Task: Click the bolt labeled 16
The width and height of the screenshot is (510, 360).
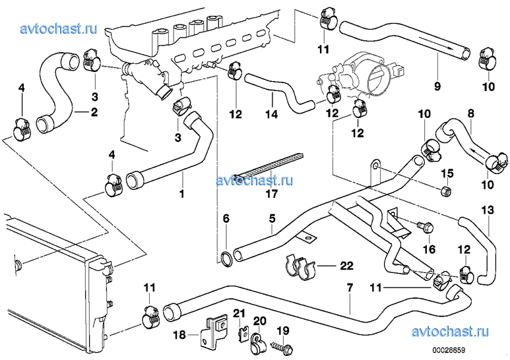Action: pos(423,227)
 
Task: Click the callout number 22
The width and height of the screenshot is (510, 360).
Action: pos(348,266)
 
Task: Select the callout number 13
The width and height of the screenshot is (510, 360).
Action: pos(488,210)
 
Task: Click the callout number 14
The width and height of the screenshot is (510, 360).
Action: pos(269,113)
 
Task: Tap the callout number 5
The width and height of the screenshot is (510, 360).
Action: pos(271,218)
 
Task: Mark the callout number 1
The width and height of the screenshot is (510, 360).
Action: pos(182,194)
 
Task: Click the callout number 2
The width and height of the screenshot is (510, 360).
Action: pos(94,112)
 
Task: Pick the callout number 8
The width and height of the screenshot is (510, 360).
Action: pos(470,113)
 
